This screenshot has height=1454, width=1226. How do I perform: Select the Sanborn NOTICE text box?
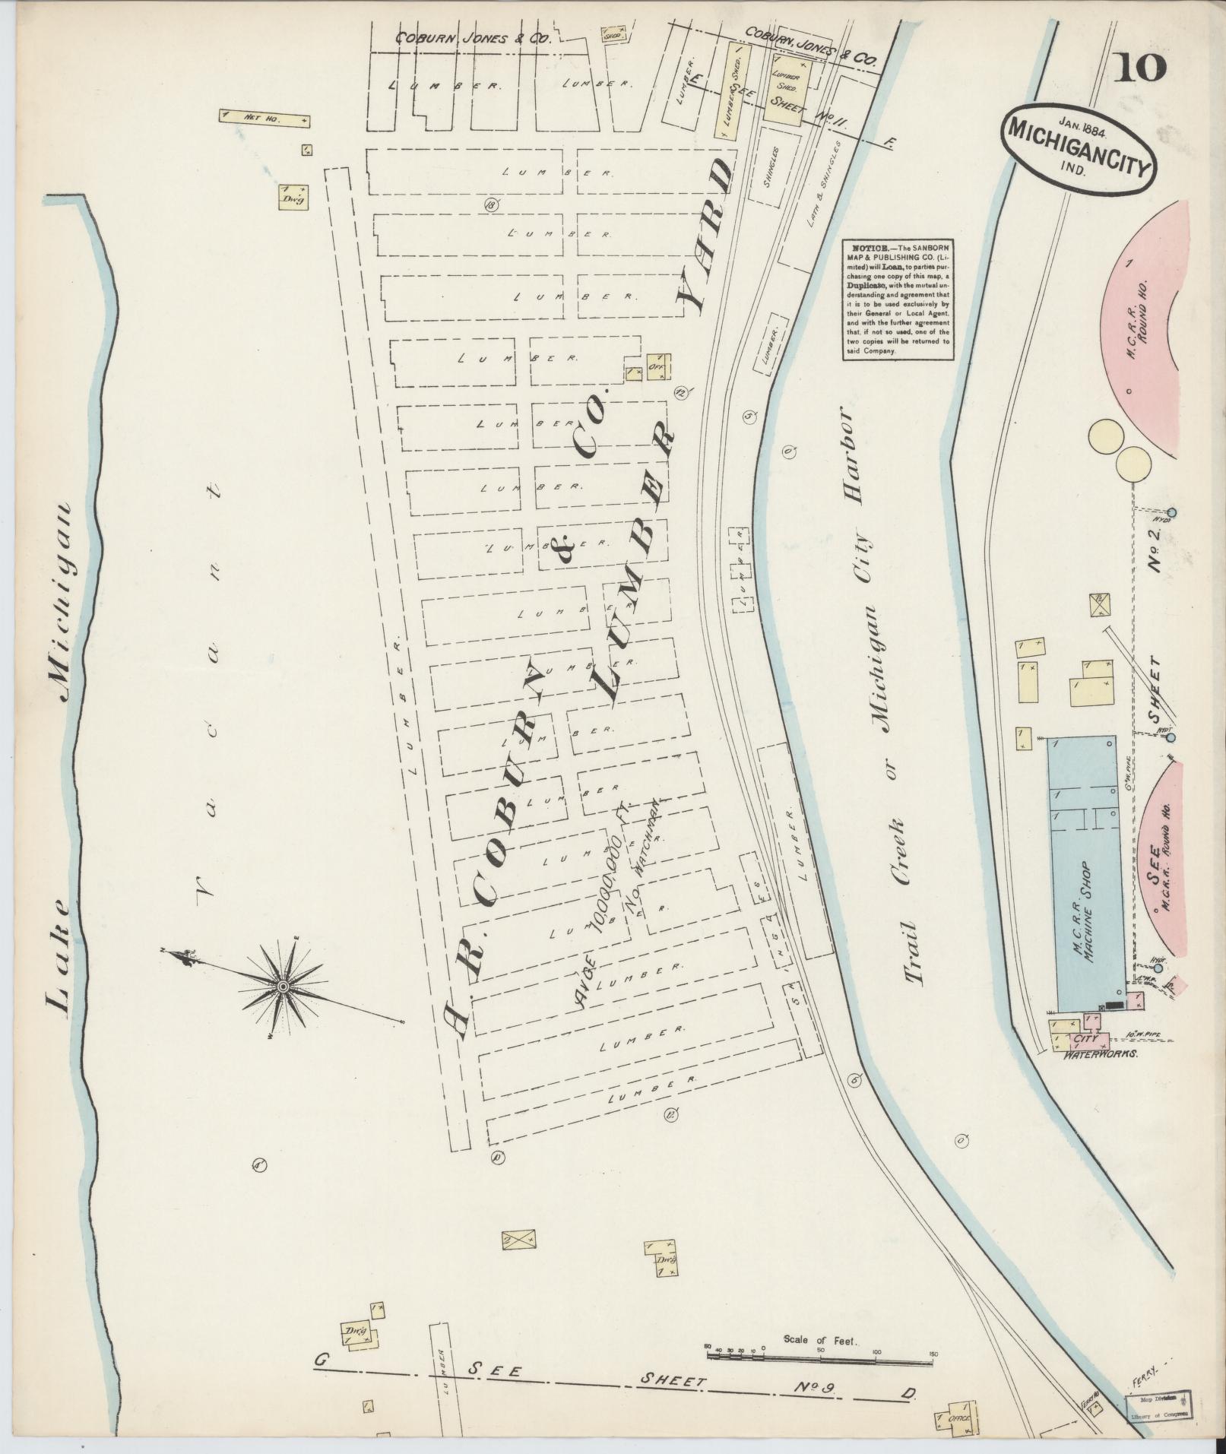point(898,301)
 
